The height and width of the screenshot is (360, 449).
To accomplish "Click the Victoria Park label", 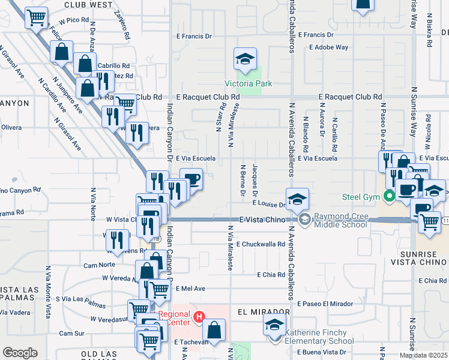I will click(x=244, y=83).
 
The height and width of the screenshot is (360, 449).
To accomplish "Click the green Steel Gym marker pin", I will click(x=388, y=196).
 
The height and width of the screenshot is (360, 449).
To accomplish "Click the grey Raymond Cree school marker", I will click(x=304, y=220).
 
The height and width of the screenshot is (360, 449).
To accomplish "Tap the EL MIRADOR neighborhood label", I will click(x=264, y=313).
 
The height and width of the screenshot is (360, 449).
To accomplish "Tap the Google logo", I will click(x=19, y=353).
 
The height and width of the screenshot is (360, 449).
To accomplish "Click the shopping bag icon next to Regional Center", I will click(x=214, y=329).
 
